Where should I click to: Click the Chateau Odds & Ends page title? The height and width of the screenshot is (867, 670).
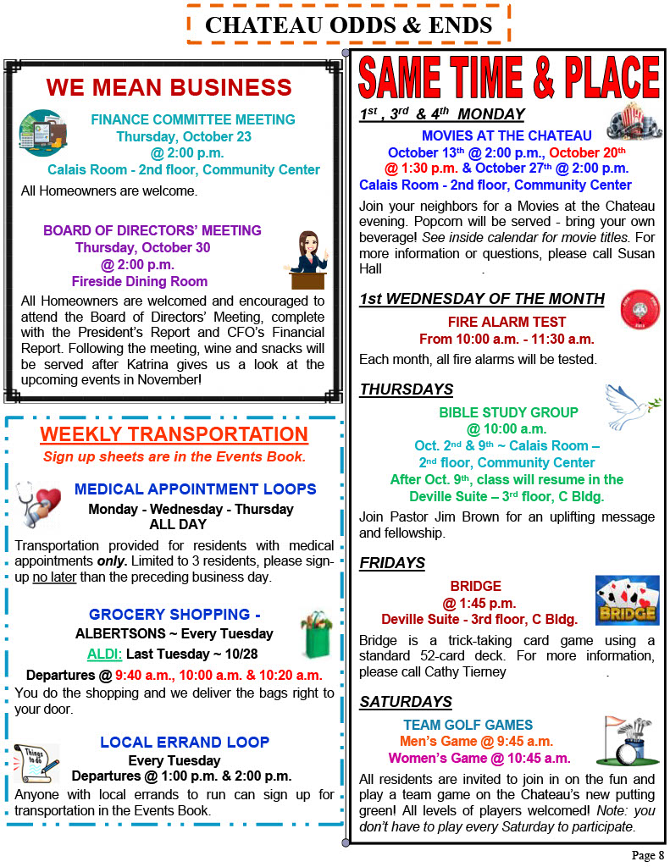[348, 25]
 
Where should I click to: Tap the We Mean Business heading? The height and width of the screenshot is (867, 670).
[169, 87]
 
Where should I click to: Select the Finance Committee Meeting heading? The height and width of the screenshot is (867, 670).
[193, 119]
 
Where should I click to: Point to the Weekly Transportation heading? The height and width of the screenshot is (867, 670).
[174, 434]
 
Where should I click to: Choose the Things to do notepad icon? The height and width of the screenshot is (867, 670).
[36, 762]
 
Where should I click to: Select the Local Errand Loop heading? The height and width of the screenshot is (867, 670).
[185, 743]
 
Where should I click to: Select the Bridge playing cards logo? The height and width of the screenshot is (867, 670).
[627, 600]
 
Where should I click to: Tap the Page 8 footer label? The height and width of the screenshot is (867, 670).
[648, 855]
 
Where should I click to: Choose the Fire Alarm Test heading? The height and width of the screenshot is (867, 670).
[507, 322]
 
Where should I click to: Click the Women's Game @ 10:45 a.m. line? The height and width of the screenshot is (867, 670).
[479, 758]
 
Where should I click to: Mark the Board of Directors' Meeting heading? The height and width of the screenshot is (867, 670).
[152, 230]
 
